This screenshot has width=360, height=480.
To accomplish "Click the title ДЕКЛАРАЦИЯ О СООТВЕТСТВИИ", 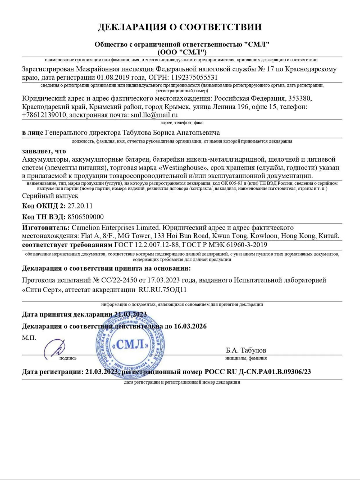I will tap(180, 27).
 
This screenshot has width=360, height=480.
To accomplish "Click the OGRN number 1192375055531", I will tap(194, 78).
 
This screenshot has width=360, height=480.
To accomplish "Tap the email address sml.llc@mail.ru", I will tap(154, 115).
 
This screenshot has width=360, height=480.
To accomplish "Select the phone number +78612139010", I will tap(44, 115).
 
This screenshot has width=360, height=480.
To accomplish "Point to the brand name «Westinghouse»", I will tap(185, 168).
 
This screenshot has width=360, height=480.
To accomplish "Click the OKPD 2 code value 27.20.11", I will tap(80, 206).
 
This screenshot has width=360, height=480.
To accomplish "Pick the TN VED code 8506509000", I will tap(85, 217).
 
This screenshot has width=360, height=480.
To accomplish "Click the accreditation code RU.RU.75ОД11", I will tap(162, 289).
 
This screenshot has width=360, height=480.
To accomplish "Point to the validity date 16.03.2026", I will tap(190, 326).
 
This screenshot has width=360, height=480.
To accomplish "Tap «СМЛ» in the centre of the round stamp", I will tap(130, 344).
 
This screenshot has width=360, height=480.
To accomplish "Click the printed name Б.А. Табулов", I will tap(246, 350).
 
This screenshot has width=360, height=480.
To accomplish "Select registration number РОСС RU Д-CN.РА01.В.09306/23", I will tap(258, 372).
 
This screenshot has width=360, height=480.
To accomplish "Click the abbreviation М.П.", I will tap(29, 338).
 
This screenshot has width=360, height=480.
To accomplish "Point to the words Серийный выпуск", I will tap(50, 196).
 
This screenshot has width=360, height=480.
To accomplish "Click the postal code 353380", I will tap(299, 99).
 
